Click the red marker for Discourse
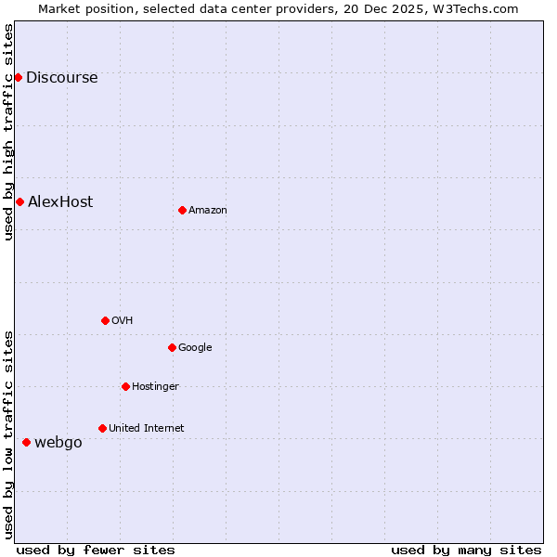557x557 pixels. [x=18, y=77]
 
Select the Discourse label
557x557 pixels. [x=61, y=78]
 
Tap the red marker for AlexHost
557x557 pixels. [x=19, y=201]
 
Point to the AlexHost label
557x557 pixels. [x=60, y=202]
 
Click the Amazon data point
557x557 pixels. [x=182, y=210]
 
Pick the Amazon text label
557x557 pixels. [x=208, y=211]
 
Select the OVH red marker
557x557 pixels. [x=105, y=320]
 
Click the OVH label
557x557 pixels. [x=122, y=321]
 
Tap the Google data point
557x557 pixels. [x=172, y=347]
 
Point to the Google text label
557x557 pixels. [x=195, y=348]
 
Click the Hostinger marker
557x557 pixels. [x=125, y=386]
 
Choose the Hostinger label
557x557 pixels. [x=155, y=387]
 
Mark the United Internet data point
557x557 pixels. [x=102, y=428]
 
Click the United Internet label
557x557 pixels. [x=146, y=429]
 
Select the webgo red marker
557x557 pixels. [x=26, y=442]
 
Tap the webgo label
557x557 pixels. [x=58, y=443]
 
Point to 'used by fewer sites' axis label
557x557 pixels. [x=96, y=550]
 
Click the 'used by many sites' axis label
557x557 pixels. [x=466, y=550]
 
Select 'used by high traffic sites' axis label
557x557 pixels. [x=9, y=132]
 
